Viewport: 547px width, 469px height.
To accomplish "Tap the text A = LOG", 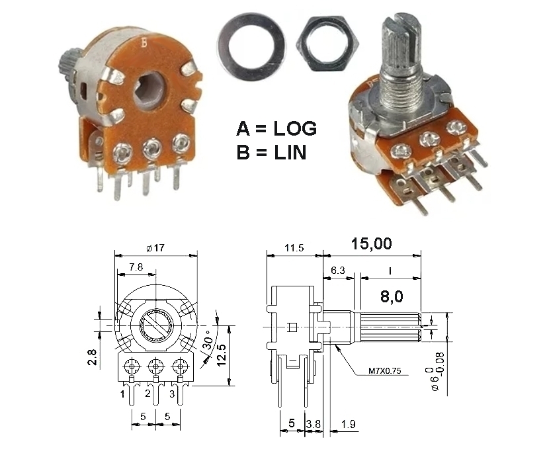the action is [x=276, y=128].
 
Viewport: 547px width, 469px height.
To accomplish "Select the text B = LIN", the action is [x=271, y=153].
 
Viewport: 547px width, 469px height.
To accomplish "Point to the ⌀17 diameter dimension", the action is [x=155, y=248].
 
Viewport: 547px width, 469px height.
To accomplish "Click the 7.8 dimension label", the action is [x=136, y=267].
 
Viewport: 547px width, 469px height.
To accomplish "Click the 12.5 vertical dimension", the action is [x=222, y=355].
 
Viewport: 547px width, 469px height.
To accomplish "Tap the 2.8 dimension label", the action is [x=92, y=357].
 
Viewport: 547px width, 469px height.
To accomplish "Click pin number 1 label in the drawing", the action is [x=122, y=394].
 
